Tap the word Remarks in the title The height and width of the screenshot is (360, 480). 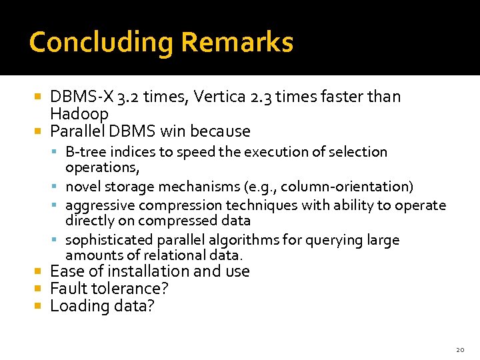(237, 42)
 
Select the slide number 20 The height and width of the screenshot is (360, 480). (460, 349)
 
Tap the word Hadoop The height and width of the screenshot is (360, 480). (79, 113)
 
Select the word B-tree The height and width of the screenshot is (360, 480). (87, 152)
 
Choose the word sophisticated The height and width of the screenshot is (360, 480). (109, 240)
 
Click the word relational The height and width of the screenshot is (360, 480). (162, 255)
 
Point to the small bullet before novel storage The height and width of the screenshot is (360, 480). (59, 187)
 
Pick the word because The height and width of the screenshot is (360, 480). (219, 131)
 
